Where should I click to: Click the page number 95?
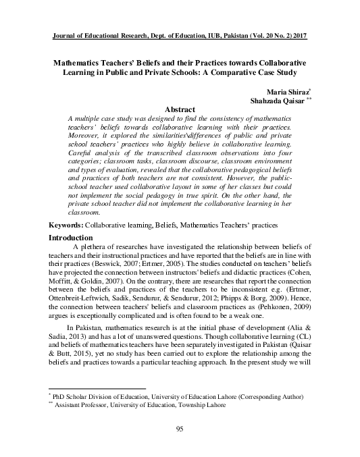click(x=180, y=430)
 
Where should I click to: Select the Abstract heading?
click(x=180, y=109)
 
